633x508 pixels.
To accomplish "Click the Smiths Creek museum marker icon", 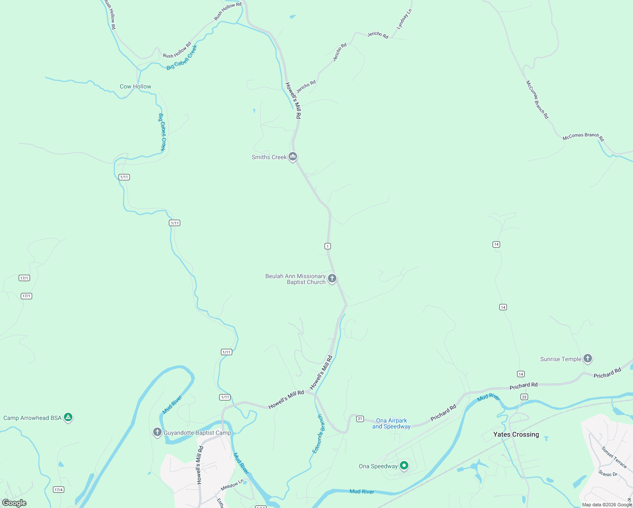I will tap(292, 157).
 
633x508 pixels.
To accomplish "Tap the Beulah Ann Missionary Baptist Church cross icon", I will tap(332, 279).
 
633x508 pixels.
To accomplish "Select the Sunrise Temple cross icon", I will tap(587, 359).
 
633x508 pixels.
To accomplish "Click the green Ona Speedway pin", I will tap(404, 466).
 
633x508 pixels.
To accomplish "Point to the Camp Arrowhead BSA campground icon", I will tap(68, 417).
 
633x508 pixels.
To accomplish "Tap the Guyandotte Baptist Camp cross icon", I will tap(157, 432).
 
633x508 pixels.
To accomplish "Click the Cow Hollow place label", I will tap(135, 86).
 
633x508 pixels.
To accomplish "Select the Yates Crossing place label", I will tap(516, 434).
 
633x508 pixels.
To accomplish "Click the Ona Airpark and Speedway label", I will tap(391, 423).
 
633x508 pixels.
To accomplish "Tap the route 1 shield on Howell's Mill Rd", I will tap(328, 246).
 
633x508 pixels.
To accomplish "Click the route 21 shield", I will tap(360, 419).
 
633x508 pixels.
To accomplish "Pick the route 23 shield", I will tap(524, 397).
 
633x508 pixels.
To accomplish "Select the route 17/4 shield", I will tap(58, 490).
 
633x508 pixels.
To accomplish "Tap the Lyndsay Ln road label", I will tap(404, 19).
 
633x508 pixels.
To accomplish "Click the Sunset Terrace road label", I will tap(614, 457).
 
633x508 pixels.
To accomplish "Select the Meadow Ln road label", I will tap(232, 485).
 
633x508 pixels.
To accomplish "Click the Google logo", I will tap(14, 503).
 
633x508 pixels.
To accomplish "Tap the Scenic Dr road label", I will tap(608, 474).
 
